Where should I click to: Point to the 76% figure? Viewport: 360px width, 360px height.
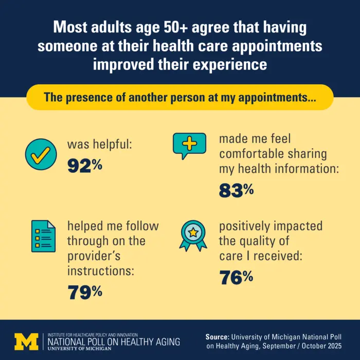[237, 277]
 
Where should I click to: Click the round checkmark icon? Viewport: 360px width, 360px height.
[41, 154]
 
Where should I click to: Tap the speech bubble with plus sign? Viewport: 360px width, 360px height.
[189, 146]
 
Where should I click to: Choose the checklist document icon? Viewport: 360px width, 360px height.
[43, 236]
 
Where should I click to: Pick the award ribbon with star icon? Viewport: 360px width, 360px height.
[193, 236]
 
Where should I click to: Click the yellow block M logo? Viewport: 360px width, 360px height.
[26, 341]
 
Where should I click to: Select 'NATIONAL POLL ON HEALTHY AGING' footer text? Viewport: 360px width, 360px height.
[114, 341]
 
